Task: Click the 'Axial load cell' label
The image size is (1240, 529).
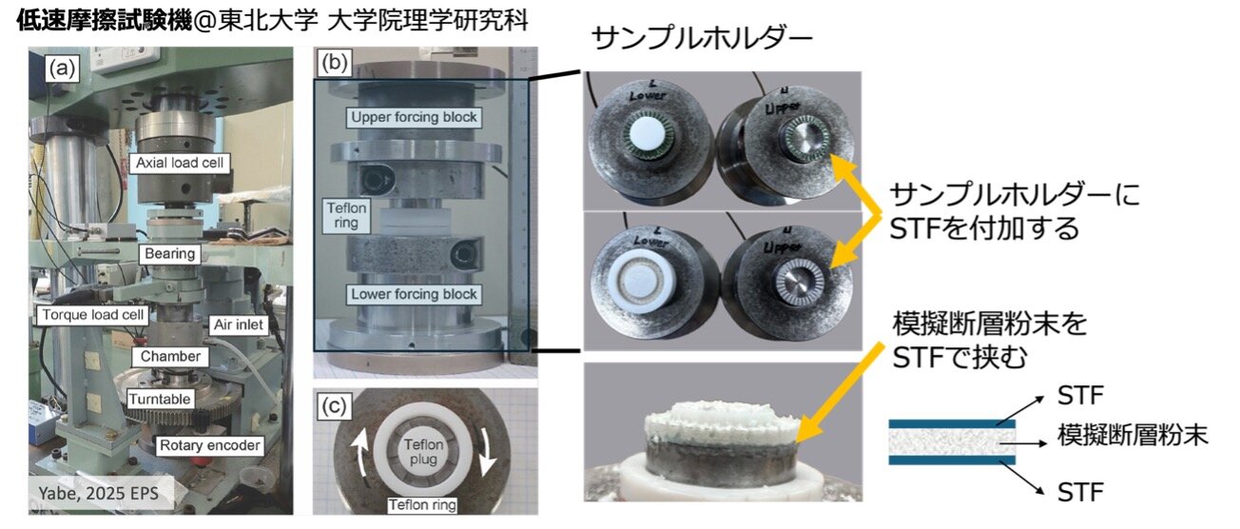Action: point(180,163)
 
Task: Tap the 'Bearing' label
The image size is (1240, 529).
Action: point(170,254)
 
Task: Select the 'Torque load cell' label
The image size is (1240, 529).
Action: point(92,315)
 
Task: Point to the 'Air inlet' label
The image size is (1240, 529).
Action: point(239,324)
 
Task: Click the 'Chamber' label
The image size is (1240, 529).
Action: point(170,356)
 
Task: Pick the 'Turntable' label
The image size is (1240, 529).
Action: point(160,399)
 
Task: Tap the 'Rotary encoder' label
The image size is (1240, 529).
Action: point(210,445)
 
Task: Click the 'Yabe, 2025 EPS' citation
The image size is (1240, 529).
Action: point(99,493)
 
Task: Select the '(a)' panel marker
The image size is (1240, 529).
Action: point(62,69)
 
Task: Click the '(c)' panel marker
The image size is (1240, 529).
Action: point(334,406)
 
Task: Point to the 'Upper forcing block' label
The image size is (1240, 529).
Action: point(414,117)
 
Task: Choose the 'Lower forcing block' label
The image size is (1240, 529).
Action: point(414,294)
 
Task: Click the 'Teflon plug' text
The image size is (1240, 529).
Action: point(423,452)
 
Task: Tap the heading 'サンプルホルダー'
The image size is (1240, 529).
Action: point(702,39)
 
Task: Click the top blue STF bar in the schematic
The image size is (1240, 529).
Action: point(952,423)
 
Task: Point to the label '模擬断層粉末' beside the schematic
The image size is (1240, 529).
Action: point(1133,436)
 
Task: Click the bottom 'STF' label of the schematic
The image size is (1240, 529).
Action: point(1080,493)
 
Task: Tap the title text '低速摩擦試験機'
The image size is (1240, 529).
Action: point(105,21)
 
